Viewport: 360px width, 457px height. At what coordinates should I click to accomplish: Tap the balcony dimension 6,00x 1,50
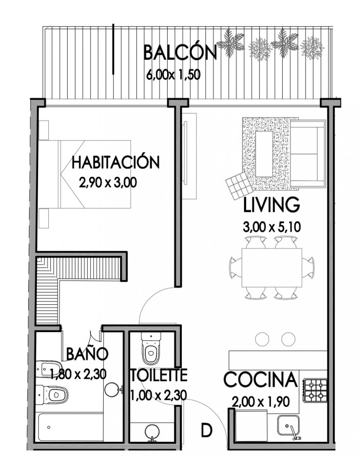[173, 74]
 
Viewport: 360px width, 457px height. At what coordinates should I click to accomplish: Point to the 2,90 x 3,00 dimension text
[108, 183]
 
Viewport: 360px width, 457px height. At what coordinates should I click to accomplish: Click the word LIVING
[271, 205]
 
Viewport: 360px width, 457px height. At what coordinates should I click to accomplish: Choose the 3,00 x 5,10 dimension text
[272, 227]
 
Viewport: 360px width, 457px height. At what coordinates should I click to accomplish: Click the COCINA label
[261, 380]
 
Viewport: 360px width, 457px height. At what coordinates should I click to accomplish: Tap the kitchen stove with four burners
[316, 390]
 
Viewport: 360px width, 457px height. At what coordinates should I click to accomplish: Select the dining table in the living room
[272, 267]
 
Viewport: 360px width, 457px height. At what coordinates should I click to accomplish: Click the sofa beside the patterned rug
[308, 154]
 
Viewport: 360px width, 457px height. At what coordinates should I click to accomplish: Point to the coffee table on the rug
[264, 154]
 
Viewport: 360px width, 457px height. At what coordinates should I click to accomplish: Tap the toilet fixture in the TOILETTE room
[151, 348]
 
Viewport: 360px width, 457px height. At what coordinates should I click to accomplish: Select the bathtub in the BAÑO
[71, 427]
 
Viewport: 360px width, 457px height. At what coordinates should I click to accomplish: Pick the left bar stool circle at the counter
[262, 339]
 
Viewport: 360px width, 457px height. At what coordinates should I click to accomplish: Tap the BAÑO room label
[87, 354]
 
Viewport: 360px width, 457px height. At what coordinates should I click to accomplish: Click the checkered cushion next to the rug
[239, 185]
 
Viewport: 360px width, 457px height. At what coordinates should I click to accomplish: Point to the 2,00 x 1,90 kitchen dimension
[261, 402]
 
